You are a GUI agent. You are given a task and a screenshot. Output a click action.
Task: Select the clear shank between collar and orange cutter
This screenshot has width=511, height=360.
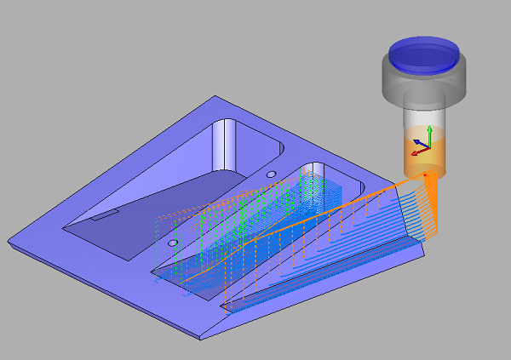coord(423,118)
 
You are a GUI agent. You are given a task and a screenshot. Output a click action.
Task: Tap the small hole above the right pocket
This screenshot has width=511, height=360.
coord(271,174)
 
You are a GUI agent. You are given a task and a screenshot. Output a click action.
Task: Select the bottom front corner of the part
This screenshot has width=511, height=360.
coord(201,338)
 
